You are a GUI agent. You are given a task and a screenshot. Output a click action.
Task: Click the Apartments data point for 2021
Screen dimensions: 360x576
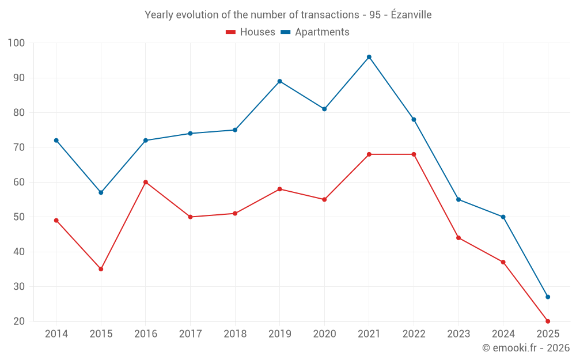click(x=369, y=57)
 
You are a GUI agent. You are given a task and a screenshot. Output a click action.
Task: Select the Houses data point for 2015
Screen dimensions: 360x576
click(x=101, y=269)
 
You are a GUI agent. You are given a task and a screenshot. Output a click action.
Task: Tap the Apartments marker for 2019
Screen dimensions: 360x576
click(x=280, y=81)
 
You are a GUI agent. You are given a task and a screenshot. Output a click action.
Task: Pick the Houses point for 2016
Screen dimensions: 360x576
click(x=146, y=182)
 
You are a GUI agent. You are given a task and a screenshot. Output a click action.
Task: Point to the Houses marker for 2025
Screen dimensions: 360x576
click(x=548, y=321)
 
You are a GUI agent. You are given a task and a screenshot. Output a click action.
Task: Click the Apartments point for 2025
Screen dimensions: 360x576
click(x=548, y=297)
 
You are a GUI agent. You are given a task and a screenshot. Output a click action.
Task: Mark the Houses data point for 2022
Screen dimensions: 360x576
click(x=414, y=154)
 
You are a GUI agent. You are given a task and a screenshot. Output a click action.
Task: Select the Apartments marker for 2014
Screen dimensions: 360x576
click(x=56, y=141)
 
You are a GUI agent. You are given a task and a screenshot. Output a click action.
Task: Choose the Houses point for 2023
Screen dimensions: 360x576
click(x=458, y=238)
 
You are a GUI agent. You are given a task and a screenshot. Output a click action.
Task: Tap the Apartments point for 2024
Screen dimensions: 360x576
click(x=503, y=217)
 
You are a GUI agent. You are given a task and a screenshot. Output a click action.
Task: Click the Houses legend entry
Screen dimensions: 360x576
click(x=251, y=32)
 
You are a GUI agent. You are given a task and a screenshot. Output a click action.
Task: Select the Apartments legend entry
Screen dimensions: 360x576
click(x=315, y=32)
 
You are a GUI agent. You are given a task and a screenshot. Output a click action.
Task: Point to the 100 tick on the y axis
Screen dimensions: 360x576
click(x=17, y=43)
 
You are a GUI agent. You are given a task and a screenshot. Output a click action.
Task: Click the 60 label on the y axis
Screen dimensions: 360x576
click(x=19, y=183)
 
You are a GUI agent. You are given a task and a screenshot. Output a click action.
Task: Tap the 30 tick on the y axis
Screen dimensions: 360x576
click(x=19, y=287)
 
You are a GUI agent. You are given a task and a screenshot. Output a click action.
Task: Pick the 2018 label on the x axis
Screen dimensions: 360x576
click(x=235, y=334)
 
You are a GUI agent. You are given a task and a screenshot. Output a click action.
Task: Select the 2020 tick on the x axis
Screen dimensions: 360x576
click(x=324, y=334)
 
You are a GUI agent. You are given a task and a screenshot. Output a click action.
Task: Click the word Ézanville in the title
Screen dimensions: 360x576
click(x=411, y=15)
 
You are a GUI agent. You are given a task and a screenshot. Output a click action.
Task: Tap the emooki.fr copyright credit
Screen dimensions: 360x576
click(x=526, y=348)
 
